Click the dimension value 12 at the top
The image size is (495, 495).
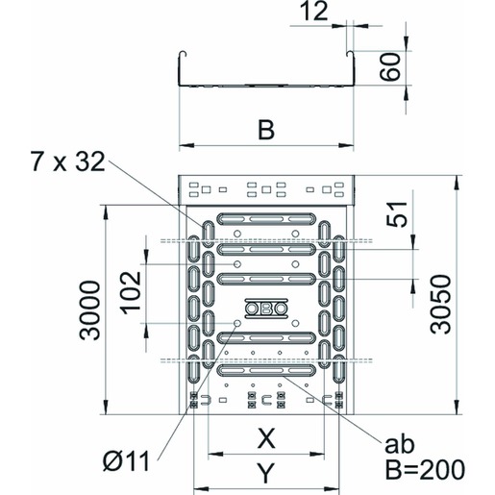click(315, 11)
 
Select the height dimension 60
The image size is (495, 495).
click(390, 67)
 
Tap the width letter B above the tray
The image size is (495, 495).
click(266, 130)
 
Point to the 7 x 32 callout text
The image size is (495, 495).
click(68, 161)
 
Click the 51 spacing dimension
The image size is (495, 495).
click(397, 214)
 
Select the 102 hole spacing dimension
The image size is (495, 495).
click(131, 293)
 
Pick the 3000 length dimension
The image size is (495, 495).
click(89, 309)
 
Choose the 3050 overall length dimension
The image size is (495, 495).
click(440, 305)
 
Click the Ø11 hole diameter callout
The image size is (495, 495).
click(127, 461)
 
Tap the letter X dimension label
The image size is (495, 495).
click(266, 438)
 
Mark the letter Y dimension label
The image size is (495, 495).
click(266, 473)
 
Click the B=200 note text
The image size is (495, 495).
click(425, 469)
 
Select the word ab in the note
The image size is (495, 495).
click(399, 444)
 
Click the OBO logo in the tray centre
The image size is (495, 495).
click(266, 309)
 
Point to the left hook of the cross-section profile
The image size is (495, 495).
click(182, 55)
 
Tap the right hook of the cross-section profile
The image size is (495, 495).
click(351, 55)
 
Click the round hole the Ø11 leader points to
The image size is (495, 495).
click(237, 323)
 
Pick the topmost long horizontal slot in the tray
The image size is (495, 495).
click(266, 219)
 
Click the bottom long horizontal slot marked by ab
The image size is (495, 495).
click(266, 370)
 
